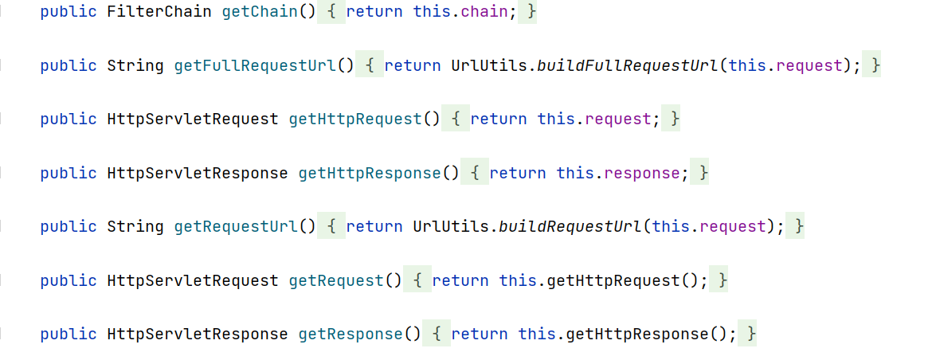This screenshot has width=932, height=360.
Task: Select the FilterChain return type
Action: click(159, 12)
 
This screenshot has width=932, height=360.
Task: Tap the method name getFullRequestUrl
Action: click(255, 65)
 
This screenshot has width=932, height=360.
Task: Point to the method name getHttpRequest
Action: click(355, 119)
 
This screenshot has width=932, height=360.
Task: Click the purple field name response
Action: click(642, 173)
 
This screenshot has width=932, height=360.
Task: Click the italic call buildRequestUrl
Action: click(570, 226)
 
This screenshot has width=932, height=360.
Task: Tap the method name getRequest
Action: click(336, 280)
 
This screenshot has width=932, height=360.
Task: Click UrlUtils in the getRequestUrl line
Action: click(451, 226)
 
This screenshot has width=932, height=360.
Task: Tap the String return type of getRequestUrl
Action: click(135, 226)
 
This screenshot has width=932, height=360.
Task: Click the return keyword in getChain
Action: click(374, 12)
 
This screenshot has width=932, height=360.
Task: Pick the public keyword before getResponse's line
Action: click(69, 334)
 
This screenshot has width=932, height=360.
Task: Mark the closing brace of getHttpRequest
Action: click(676, 119)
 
